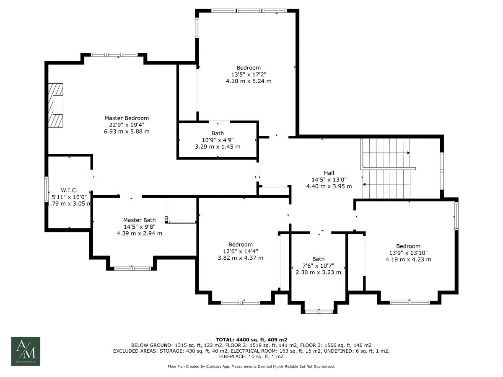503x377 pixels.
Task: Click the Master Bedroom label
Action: (127, 118)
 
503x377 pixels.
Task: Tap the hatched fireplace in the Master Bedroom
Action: (55, 105)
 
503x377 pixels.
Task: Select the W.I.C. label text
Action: (69, 190)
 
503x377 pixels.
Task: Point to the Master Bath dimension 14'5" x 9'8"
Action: (139, 227)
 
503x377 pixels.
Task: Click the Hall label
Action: (329, 173)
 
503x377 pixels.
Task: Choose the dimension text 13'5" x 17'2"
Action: (249, 75)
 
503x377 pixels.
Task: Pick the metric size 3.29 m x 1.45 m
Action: (218, 147)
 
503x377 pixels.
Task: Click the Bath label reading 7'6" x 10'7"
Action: (318, 259)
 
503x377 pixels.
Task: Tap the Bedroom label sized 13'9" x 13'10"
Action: (408, 246)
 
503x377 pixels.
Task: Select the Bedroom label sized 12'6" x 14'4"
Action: (240, 245)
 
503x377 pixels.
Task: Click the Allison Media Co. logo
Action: (26, 351)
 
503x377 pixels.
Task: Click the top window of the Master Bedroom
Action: (114, 55)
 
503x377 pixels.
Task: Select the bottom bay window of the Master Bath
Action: (133, 269)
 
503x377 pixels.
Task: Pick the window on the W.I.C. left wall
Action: (47, 189)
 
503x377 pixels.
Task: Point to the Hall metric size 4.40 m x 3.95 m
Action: (329, 186)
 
